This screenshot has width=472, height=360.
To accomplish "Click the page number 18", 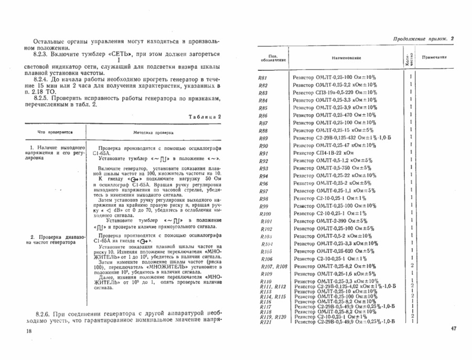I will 28,331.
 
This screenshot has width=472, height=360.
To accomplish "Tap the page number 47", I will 454,329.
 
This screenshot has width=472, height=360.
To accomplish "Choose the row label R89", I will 264,137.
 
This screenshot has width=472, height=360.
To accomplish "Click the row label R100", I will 265,214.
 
